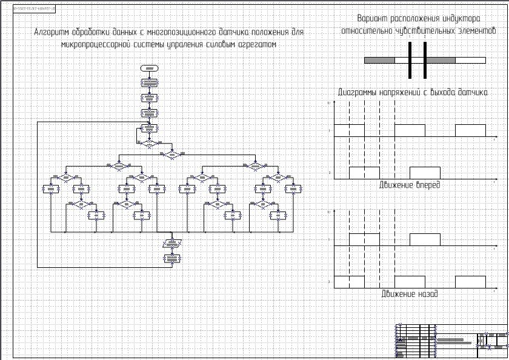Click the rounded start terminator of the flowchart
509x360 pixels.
click(149, 67)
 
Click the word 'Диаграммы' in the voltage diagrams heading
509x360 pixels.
click(358, 93)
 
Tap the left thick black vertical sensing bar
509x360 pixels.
click(410, 60)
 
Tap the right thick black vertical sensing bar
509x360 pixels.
click(425, 60)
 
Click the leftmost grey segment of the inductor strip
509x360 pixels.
click(379, 60)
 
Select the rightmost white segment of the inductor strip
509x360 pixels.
click(470, 60)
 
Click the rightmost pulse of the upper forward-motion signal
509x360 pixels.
click(470, 130)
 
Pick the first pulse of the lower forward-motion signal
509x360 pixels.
click(364, 172)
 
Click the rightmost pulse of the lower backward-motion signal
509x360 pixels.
click(470, 282)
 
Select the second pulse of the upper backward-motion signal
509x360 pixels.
click(425, 239)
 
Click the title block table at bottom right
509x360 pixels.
click(451, 340)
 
